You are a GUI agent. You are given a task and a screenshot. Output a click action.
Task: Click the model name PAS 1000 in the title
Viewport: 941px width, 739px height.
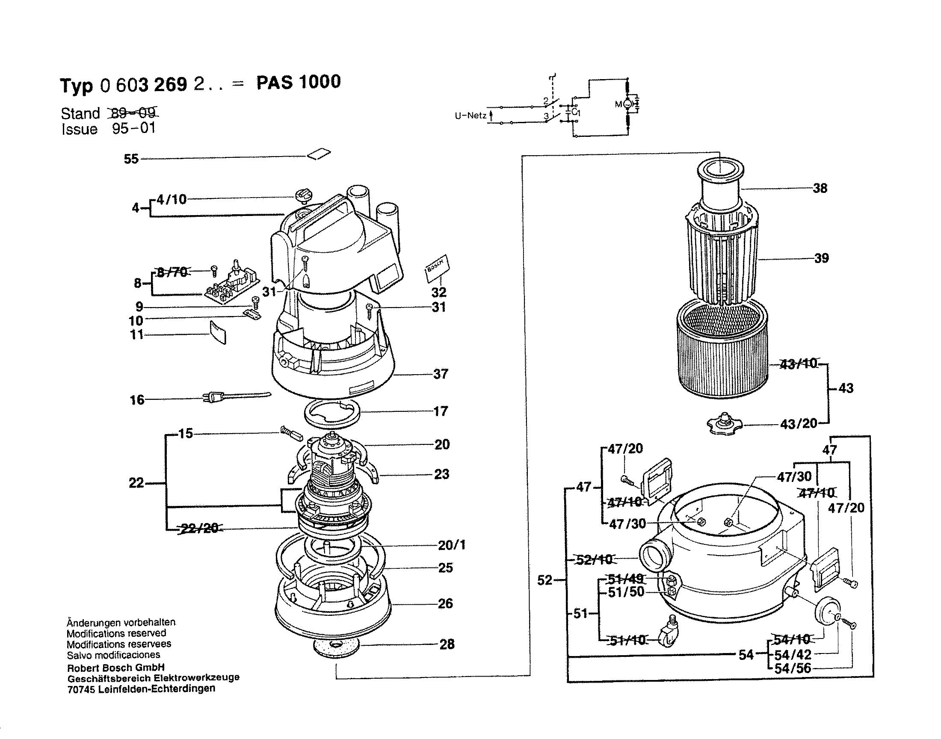298,82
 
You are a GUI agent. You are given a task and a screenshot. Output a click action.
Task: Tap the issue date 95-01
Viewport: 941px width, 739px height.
134,128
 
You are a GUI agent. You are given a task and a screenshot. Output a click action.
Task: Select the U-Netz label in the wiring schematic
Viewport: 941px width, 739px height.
470,116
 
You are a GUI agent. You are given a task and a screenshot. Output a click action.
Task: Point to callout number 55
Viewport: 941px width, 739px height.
131,159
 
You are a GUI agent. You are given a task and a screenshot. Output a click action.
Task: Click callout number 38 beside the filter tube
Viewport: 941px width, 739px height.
820,188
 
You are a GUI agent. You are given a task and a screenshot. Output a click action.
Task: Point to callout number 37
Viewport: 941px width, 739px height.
441,374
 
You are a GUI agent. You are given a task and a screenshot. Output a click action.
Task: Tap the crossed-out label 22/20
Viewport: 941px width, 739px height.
198,528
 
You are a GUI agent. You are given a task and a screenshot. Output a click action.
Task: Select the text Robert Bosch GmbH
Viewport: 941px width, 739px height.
115,668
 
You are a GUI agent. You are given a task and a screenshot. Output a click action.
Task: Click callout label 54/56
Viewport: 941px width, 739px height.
793,668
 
